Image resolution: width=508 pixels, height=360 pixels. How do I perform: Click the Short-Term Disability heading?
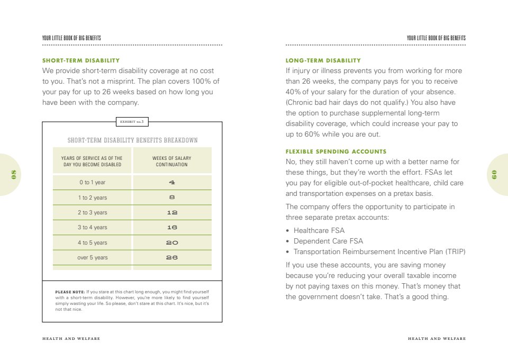tap(81, 60)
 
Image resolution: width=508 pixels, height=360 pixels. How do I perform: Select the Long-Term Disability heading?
tap(323, 60)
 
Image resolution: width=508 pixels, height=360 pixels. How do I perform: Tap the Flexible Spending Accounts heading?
tap(336, 151)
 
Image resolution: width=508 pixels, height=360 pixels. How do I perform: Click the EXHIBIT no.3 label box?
tap(132, 122)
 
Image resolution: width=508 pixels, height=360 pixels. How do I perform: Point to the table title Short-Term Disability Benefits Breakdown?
tap(132, 140)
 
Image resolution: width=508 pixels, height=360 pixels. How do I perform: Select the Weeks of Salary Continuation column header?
tap(171, 161)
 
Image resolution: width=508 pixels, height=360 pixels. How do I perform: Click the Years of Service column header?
tap(92, 161)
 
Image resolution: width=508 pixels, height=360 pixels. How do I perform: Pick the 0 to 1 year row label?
tap(92, 183)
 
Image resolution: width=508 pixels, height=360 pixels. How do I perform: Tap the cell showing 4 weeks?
tap(171, 183)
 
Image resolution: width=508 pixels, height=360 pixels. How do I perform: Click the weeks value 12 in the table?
tap(171, 212)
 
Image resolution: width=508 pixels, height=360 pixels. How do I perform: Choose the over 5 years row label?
tap(92, 258)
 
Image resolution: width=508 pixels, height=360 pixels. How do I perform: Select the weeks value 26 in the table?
tap(171, 258)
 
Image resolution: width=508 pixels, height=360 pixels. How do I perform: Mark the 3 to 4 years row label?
tap(92, 228)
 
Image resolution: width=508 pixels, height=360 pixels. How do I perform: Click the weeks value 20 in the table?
tap(171, 242)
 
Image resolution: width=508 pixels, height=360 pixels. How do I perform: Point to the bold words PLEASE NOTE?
tap(70, 292)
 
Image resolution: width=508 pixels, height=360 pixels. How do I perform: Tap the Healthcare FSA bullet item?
tap(319, 230)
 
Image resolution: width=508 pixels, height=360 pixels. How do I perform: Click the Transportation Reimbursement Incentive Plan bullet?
tap(379, 252)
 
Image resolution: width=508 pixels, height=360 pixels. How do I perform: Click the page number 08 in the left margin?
tap(14, 174)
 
